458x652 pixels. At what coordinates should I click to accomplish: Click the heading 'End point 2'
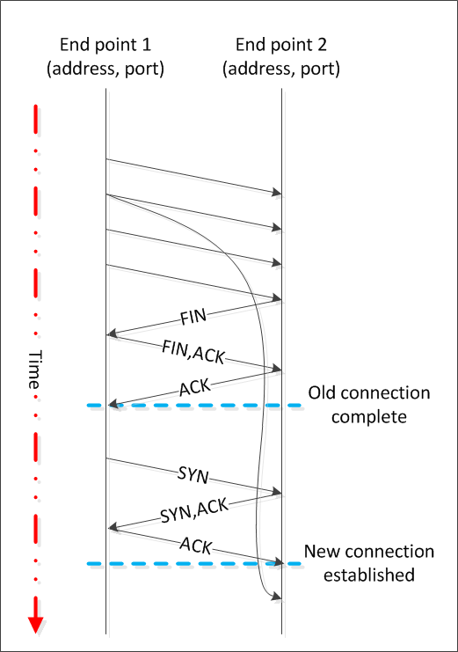[x=281, y=45]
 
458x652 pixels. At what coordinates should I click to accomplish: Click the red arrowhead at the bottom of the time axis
[x=36, y=622]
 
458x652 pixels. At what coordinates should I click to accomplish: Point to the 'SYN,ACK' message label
[x=193, y=509]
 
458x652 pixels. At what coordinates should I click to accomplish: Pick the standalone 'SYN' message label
[x=193, y=476]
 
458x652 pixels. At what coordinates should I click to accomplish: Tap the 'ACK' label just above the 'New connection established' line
[x=194, y=546]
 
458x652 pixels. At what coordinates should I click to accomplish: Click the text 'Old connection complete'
[x=369, y=404]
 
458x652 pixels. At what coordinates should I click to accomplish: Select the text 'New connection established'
[x=369, y=563]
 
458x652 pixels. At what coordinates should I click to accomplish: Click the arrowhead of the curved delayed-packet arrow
[x=277, y=598]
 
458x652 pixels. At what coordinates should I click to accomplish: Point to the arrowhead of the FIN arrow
[x=111, y=334]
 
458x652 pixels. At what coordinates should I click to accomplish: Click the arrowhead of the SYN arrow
[x=277, y=493]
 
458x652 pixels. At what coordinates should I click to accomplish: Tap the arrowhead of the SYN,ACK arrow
[x=111, y=528]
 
